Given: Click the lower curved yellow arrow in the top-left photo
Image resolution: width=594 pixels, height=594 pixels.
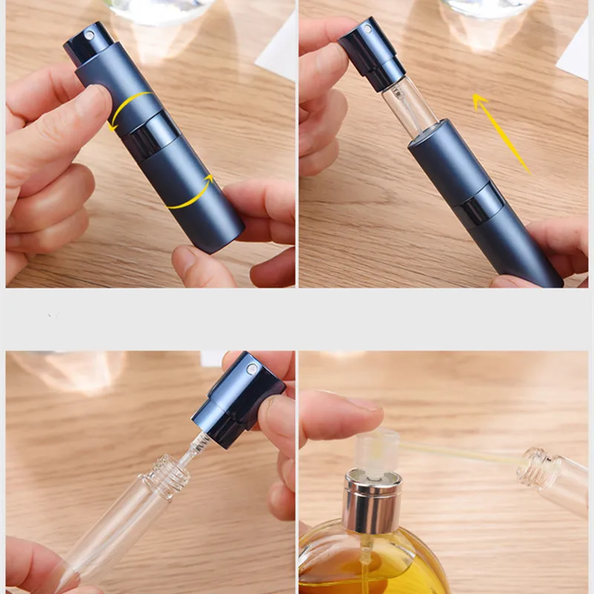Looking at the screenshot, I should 192,193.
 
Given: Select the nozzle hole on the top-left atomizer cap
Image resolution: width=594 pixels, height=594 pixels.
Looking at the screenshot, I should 91,34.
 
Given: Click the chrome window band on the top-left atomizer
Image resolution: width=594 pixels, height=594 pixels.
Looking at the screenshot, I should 153,134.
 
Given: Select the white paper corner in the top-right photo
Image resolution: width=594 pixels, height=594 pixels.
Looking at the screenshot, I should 576,52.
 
